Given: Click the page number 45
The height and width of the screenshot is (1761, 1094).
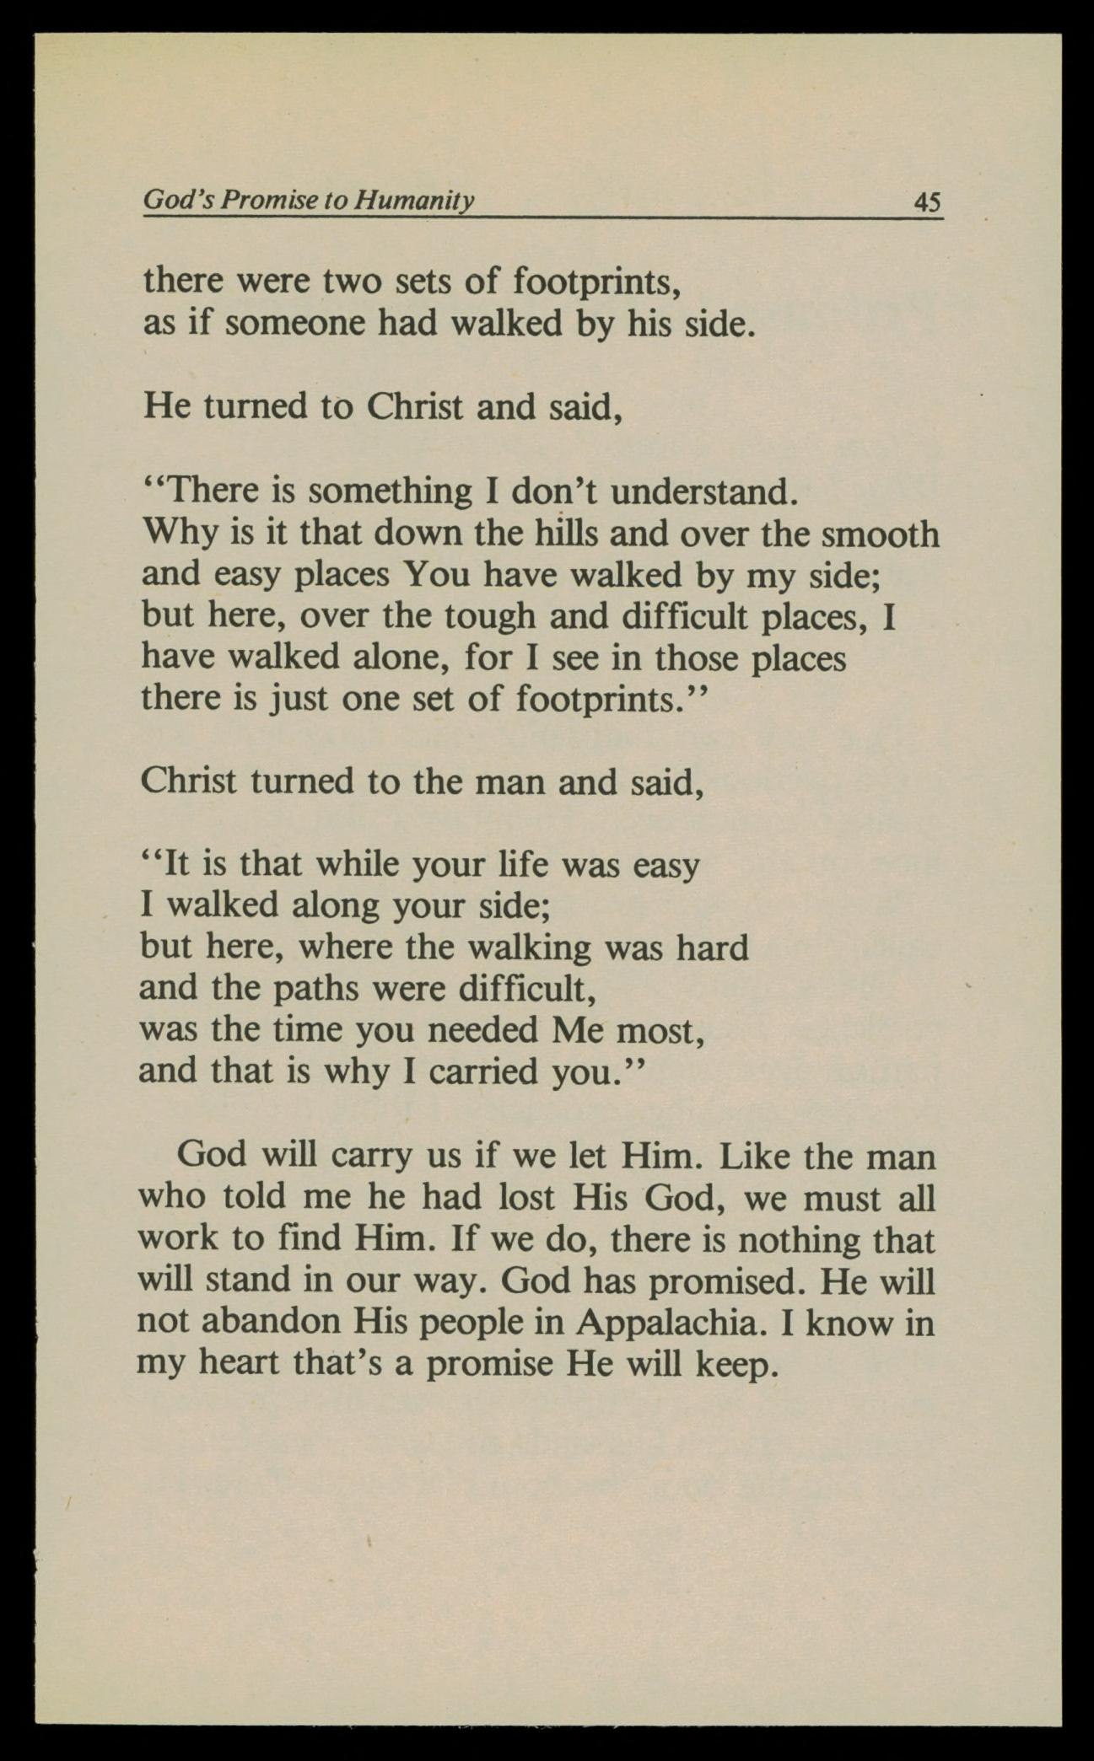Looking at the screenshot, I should coord(927,203).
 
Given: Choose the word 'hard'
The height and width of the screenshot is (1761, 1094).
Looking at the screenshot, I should coord(712,948).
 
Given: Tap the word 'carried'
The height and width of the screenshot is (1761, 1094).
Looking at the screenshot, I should coord(483,1072).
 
